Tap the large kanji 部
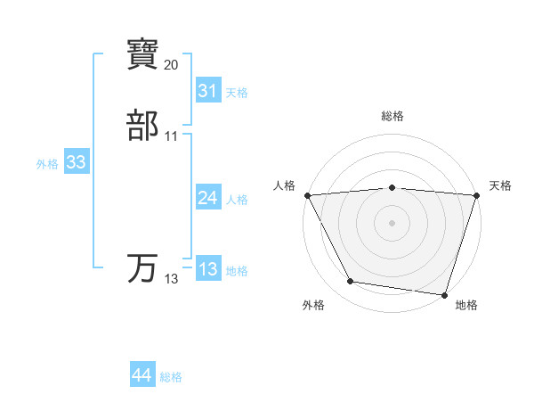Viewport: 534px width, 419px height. click(143, 126)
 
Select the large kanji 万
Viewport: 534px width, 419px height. click(143, 268)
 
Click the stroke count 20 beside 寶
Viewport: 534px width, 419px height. click(172, 64)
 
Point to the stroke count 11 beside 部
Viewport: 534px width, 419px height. click(172, 136)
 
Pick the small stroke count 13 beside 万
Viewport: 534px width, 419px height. click(172, 279)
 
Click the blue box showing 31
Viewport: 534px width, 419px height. click(207, 91)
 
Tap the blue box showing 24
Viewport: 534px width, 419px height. click(207, 198)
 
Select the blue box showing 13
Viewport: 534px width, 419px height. click(207, 269)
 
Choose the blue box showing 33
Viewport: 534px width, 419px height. click(76, 162)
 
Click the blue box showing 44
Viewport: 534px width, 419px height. click(142, 376)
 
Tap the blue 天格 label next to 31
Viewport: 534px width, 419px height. click(237, 93)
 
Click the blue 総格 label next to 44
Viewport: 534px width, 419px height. click(171, 378)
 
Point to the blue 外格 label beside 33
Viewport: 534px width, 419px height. click(47, 164)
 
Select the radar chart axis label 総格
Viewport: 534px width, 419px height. click(392, 116)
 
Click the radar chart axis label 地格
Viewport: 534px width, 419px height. click(466, 305)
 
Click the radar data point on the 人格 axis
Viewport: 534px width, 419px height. click(307, 194)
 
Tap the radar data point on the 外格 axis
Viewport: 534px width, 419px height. click(351, 282)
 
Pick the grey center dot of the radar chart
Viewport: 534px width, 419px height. click(392, 222)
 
